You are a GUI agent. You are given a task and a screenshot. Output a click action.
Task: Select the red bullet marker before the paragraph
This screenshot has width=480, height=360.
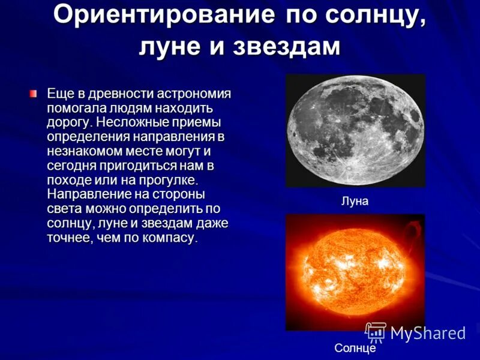pos(34,94)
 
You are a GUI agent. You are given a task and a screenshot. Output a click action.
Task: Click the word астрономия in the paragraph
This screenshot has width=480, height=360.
pos(194,94)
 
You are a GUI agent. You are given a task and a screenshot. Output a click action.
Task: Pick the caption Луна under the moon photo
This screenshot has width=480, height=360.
pos(355,202)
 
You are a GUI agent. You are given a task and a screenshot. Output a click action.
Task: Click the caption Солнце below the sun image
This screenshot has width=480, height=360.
pos(355,348)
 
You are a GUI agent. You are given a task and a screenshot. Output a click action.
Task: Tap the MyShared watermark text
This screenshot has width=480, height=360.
pos(428,334)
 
